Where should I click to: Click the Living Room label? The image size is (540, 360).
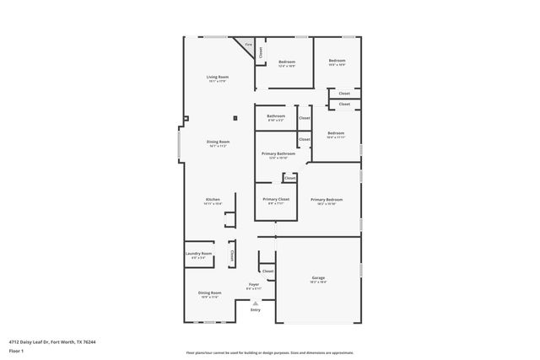[x=219, y=78]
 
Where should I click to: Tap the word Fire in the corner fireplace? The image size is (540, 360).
[x=248, y=44]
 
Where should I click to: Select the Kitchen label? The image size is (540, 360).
[x=212, y=200]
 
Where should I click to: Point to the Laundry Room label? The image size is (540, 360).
[x=199, y=253]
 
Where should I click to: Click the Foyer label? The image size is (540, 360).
[x=254, y=285]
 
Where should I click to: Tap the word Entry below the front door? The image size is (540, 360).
[x=255, y=309]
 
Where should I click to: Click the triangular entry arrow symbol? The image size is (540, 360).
[x=255, y=302]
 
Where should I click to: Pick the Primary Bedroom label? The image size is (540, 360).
[x=324, y=200]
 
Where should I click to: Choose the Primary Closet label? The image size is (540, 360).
[x=274, y=200]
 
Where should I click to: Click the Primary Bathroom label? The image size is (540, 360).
[x=278, y=154]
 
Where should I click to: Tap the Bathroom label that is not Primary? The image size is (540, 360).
[x=276, y=116]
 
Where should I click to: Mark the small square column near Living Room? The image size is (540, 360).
[x=235, y=116]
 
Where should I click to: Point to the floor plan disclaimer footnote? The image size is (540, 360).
[x=270, y=353]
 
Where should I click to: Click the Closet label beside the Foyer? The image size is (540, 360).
[x=267, y=271]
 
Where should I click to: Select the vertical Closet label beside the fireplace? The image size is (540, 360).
[x=260, y=51]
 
